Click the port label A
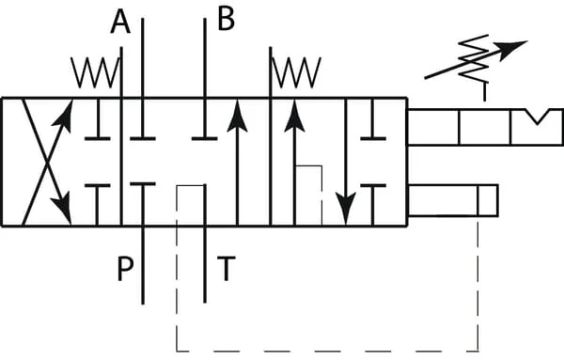120,22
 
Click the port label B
227,19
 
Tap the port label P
126,268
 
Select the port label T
227,268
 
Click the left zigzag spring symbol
95,72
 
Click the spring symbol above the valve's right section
296,72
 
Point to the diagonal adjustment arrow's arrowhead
510,50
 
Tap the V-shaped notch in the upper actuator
537,117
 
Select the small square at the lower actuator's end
488,201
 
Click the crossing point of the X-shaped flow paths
47,163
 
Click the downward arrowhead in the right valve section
346,208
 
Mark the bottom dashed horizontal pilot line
327,351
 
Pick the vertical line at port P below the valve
143,265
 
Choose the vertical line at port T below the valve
205,265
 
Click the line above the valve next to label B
205,57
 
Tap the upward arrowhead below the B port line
238,116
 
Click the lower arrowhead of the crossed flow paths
63,210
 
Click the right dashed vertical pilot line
478,284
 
